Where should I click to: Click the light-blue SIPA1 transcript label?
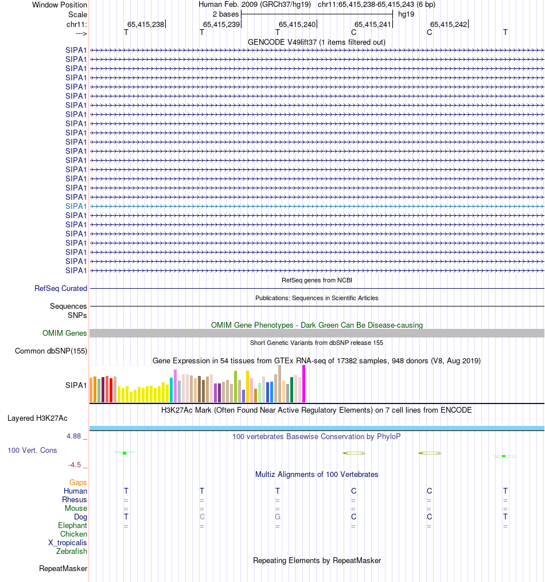(76, 206)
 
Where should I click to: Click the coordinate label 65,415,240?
(297, 24)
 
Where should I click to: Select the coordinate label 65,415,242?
(449, 24)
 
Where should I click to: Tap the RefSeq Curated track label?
(61, 289)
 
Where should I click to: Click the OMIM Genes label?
(65, 333)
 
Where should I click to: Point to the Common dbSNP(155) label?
(51, 351)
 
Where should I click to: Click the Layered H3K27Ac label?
(37, 418)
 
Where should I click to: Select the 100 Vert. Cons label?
(32, 451)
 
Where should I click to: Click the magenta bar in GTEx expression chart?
(304, 384)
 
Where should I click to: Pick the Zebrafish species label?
(72, 552)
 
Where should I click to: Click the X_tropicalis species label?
(68, 543)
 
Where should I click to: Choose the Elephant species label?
(73, 526)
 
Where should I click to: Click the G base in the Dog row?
(278, 517)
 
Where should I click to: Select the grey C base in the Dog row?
(202, 517)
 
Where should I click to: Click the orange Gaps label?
(79, 483)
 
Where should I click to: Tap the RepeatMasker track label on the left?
(63, 569)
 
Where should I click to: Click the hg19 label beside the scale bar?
(406, 13)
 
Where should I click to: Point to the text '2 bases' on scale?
(225, 13)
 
